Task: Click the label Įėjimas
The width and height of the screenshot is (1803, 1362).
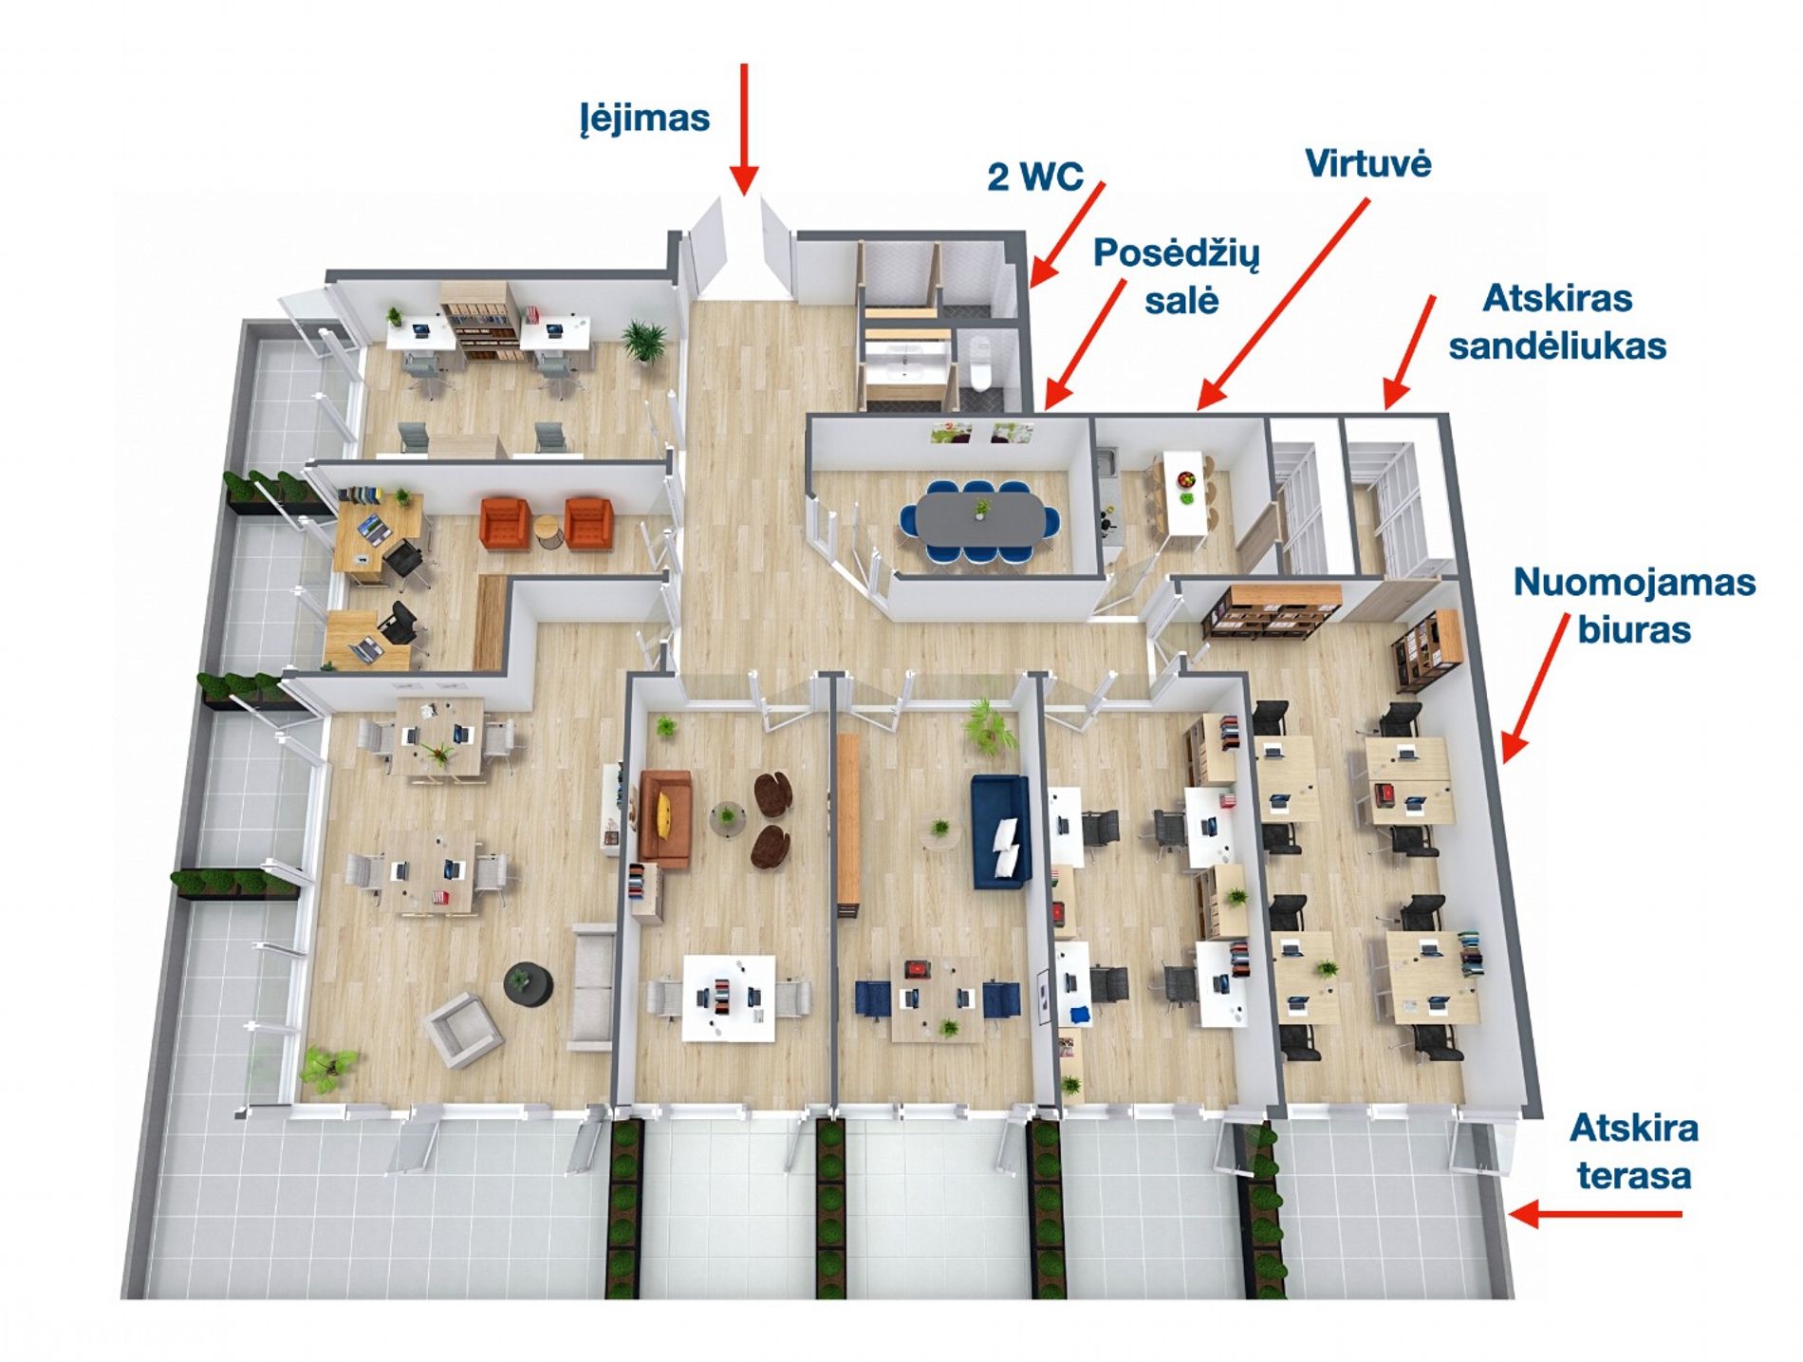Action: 644,120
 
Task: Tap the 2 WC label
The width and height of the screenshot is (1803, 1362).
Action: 1034,177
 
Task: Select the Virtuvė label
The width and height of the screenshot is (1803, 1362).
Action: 1367,163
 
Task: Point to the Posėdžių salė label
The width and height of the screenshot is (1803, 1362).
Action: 1177,276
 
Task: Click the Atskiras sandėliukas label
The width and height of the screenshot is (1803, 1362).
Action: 1557,322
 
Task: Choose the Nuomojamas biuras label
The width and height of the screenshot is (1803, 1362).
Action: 1634,606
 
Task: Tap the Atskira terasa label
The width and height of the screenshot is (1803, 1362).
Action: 1634,1151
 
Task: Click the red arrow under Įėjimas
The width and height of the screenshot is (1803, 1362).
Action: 745,130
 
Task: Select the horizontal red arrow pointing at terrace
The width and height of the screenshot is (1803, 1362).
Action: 1595,1213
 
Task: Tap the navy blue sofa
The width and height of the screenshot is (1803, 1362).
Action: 1000,830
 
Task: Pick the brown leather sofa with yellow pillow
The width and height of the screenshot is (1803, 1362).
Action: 665,818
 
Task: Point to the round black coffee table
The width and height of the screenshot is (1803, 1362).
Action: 529,982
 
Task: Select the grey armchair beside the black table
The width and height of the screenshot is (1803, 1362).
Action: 463,1029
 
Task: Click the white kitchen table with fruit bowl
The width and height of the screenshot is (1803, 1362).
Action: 1183,494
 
